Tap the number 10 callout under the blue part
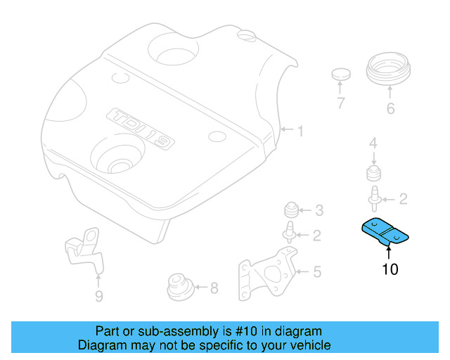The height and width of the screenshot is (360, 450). (390, 269)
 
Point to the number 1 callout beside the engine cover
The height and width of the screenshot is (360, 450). (300, 131)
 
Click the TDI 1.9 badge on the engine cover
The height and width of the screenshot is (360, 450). (140, 129)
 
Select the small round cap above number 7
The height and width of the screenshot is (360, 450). (341, 74)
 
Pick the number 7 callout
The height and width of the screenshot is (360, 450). (340, 104)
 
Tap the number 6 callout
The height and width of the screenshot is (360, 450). (390, 108)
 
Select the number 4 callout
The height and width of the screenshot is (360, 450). (373, 143)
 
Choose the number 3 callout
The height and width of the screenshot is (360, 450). (319, 210)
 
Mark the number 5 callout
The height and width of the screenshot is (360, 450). (317, 271)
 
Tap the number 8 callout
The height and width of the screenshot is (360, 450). (214, 287)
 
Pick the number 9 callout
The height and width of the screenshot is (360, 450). (98, 296)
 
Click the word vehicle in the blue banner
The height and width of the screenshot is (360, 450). (305, 345)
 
